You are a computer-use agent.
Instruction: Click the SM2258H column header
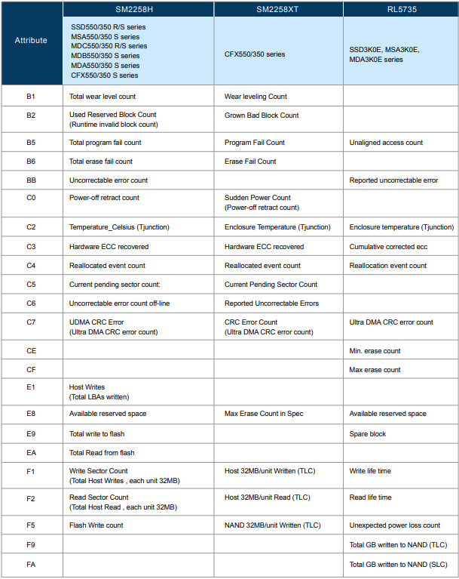(138, 8)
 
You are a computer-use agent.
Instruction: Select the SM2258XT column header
(278, 8)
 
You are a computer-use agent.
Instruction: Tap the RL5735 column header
(400, 8)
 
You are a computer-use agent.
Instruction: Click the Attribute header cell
(31, 41)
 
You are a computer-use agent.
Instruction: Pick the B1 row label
(31, 97)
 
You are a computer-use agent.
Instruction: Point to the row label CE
(31, 351)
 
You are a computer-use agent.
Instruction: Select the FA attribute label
(31, 565)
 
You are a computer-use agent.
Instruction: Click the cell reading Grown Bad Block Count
(262, 115)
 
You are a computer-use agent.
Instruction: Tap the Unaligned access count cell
(386, 143)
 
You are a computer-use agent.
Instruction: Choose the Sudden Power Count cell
(258, 198)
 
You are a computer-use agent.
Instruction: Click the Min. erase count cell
(375, 351)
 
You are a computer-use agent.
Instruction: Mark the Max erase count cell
(375, 370)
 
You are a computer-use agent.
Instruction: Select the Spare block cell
(368, 433)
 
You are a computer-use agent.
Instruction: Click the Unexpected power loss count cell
(395, 525)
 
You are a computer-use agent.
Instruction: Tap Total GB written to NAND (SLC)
(398, 565)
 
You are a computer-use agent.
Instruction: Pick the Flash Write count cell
(96, 525)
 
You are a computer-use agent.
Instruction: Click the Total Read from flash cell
(102, 453)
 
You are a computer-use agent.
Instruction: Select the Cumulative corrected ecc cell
(388, 247)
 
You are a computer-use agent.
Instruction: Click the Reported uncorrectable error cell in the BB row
(393, 180)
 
